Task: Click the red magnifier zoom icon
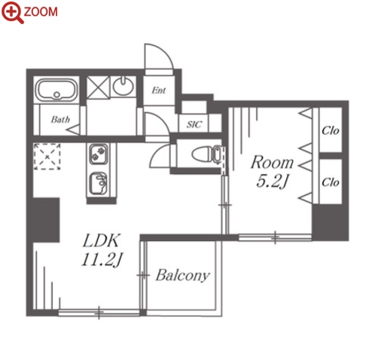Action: pyautogui.click(x=12, y=12)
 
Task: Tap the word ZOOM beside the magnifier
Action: pyautogui.click(x=41, y=12)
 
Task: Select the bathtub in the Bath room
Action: pyautogui.click(x=56, y=90)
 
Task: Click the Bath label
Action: pyautogui.click(x=60, y=120)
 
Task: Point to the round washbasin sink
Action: pyautogui.click(x=123, y=86)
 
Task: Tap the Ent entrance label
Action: pyautogui.click(x=159, y=90)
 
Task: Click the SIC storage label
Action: pyautogui.click(x=194, y=124)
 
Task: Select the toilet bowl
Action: pyautogui.click(x=206, y=154)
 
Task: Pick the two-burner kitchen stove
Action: pyautogui.click(x=99, y=154)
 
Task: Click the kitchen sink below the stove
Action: pyautogui.click(x=99, y=184)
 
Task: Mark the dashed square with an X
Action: pyautogui.click(x=47, y=157)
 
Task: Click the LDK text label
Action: pyautogui.click(x=101, y=240)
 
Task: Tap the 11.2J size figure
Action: pyautogui.click(x=102, y=260)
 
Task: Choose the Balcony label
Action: pyautogui.click(x=182, y=276)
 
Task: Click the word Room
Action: pyautogui.click(x=272, y=163)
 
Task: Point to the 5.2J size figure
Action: pyautogui.click(x=272, y=182)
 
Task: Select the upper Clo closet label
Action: pyautogui.click(x=330, y=130)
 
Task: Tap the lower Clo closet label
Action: pyautogui.click(x=330, y=182)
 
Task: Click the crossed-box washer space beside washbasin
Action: pyautogui.click(x=98, y=87)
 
